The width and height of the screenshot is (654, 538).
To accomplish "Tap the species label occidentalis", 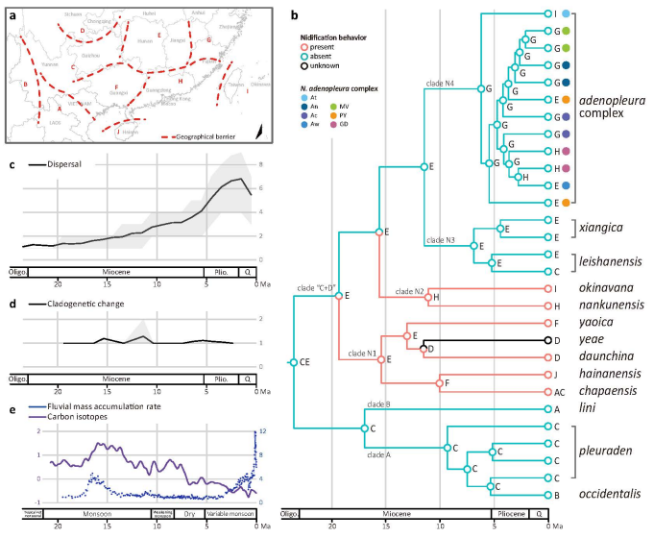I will (613, 494).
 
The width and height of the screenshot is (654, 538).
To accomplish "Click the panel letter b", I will (294, 16).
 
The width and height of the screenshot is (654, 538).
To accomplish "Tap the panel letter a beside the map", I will (12, 14).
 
